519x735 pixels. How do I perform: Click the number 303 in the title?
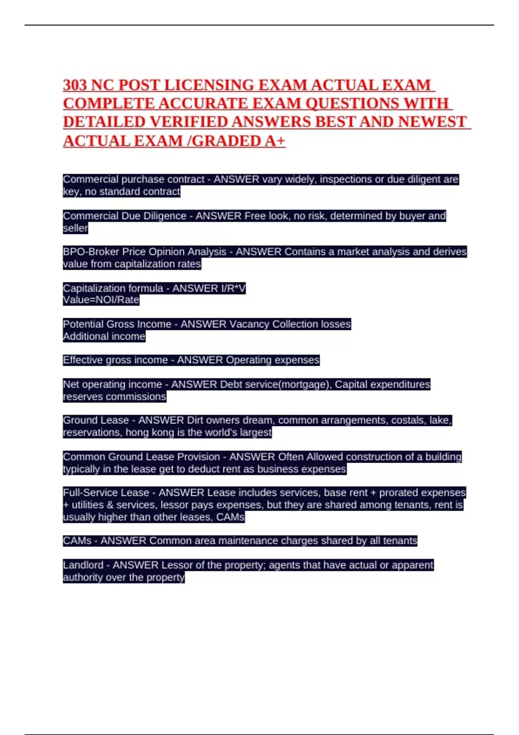pyautogui.click(x=75, y=85)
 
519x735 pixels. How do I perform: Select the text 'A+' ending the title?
pyautogui.click(x=275, y=141)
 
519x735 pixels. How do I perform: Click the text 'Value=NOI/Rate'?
pyautogui.click(x=101, y=300)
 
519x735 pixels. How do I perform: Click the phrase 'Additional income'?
pyautogui.click(x=104, y=336)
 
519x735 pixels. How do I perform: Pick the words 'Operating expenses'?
pyautogui.click(x=272, y=360)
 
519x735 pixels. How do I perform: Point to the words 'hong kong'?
pyautogui.click(x=146, y=432)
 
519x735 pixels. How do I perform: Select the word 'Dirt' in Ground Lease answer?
pyautogui.click(x=195, y=420)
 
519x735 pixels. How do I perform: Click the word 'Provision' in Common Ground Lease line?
pyautogui.click(x=199, y=457)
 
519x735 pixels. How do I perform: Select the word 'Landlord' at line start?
pyautogui.click(x=83, y=565)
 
